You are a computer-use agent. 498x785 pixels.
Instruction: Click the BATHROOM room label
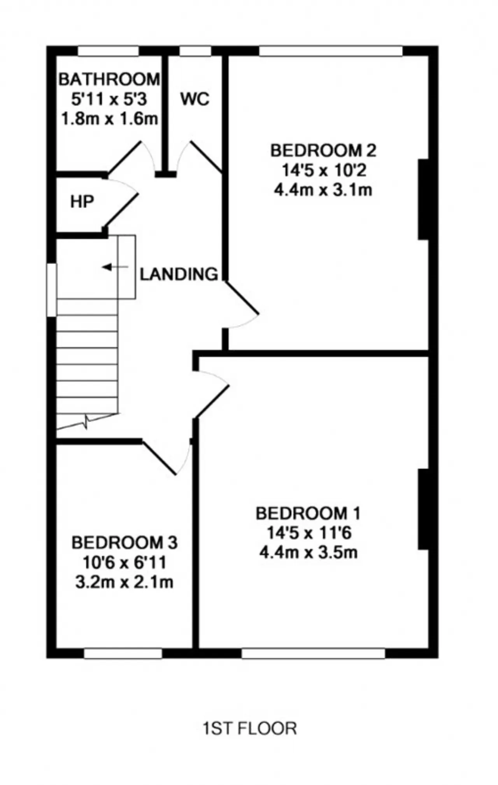tap(109, 79)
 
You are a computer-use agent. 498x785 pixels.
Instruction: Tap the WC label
tap(195, 99)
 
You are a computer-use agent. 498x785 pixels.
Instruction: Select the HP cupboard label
tap(82, 202)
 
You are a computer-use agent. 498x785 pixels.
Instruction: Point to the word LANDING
tap(179, 274)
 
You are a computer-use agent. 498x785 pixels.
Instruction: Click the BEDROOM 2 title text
tap(323, 150)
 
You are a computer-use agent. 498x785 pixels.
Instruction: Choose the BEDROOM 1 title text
tap(308, 513)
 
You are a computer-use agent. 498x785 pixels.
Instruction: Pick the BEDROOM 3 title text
tap(124, 543)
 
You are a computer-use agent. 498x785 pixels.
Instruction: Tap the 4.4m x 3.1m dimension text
tap(323, 191)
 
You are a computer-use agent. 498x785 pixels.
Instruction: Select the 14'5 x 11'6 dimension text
tap(309, 533)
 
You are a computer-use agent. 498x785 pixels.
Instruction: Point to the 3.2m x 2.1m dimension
tap(124, 582)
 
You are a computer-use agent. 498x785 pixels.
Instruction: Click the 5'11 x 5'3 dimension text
tap(109, 99)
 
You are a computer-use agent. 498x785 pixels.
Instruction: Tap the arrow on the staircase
tap(115, 267)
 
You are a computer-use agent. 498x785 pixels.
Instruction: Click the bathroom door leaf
tap(124, 157)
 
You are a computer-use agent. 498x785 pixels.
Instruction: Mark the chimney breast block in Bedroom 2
tap(424, 199)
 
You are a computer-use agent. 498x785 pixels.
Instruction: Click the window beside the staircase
tap(52, 290)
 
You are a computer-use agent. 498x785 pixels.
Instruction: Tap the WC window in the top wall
tap(195, 51)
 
